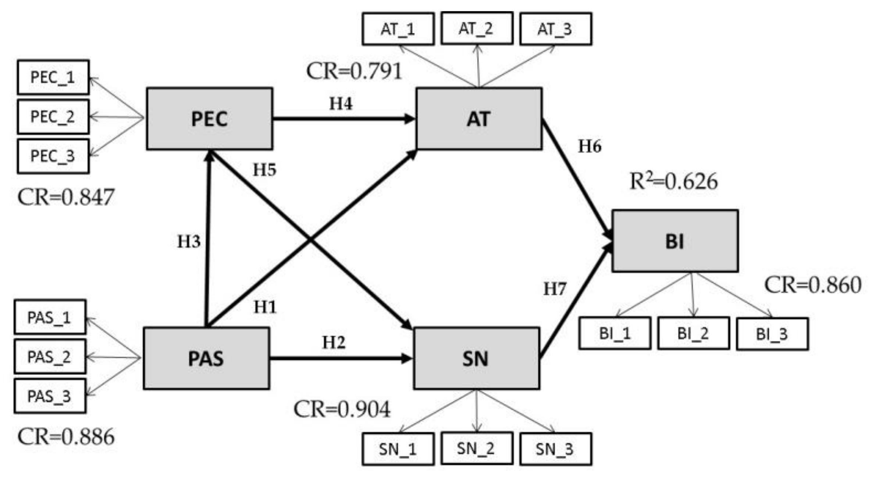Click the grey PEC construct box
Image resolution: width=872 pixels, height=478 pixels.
coord(209,118)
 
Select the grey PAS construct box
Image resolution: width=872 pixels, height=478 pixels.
coord(206,358)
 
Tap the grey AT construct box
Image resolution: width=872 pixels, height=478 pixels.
coord(478,118)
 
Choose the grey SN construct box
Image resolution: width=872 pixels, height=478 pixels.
coord(476,358)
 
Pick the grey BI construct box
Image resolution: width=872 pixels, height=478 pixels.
coord(675,241)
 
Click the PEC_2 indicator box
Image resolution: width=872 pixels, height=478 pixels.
coord(53,117)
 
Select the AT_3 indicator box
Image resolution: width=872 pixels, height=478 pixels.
coord(555,29)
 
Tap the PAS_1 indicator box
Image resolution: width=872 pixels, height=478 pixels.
coord(50,317)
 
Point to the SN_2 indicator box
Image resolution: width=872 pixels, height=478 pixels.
coord(477,448)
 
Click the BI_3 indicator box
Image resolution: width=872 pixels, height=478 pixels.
coord(772,334)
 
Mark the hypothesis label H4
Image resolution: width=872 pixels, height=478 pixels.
coord(341,103)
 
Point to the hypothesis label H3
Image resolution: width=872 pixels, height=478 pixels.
coord(189,242)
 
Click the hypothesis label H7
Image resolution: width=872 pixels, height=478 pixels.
coord(555,289)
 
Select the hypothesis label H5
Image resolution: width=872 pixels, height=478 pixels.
coord(264,170)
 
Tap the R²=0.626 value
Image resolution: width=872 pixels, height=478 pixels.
coord(673,181)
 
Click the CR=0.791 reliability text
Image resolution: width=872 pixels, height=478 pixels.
coord(354,71)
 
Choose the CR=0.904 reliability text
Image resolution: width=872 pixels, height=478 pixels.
coord(342,409)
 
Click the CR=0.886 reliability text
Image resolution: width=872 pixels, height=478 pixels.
coord(66,437)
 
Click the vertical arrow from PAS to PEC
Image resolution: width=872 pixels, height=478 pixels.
coord(208,239)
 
